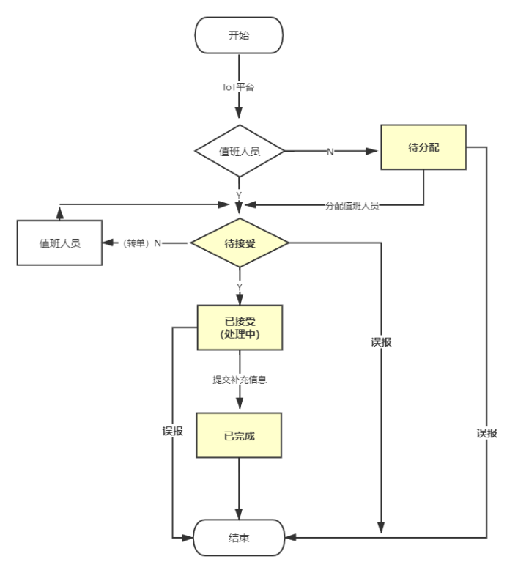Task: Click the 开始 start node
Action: (x=239, y=35)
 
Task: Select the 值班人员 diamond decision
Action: (x=239, y=152)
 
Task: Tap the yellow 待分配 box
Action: (x=423, y=147)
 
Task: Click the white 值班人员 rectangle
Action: (x=60, y=242)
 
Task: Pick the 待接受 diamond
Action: (x=239, y=242)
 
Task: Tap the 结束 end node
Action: (x=239, y=539)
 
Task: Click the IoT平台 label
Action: (x=239, y=88)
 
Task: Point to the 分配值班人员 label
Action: (x=352, y=207)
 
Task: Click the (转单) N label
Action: (x=141, y=243)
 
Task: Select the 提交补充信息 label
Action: (x=240, y=381)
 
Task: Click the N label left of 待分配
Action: (x=329, y=152)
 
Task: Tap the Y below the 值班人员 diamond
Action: (x=239, y=193)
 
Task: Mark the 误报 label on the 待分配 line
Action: (x=486, y=433)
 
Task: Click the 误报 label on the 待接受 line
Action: (x=381, y=341)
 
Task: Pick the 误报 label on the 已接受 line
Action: (x=173, y=432)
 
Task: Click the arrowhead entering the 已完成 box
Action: (x=240, y=411)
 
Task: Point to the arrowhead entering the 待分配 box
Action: (x=375, y=152)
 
